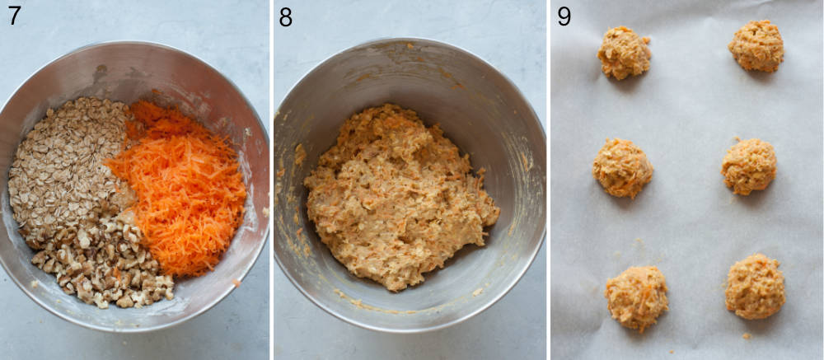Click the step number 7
point(14,15)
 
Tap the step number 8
point(286,16)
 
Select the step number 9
point(564,16)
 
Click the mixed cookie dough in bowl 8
point(400,198)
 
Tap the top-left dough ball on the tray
point(624,53)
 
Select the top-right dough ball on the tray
point(756,46)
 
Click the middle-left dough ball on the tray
point(622,167)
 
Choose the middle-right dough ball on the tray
point(749,166)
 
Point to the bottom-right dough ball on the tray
point(754,287)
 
